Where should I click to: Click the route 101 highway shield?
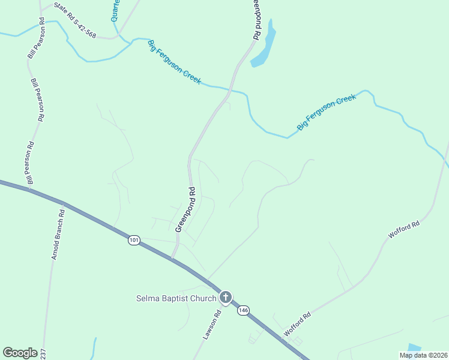click(x=133, y=241)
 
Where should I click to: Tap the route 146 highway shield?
click(x=243, y=310)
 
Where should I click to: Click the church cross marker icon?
click(x=225, y=297)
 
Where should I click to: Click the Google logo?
click(x=20, y=353)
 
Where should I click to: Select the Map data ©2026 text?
click(x=423, y=355)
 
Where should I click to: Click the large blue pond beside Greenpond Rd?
click(x=264, y=45)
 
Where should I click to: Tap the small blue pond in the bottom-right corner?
click(x=414, y=347)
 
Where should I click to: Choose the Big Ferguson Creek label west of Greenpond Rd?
click(x=175, y=62)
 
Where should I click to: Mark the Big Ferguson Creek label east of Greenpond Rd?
click(x=327, y=113)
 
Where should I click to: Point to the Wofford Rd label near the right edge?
click(x=404, y=230)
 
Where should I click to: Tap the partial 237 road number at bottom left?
click(x=44, y=355)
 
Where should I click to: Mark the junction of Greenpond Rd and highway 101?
click(x=173, y=259)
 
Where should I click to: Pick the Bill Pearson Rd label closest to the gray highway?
click(x=29, y=163)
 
